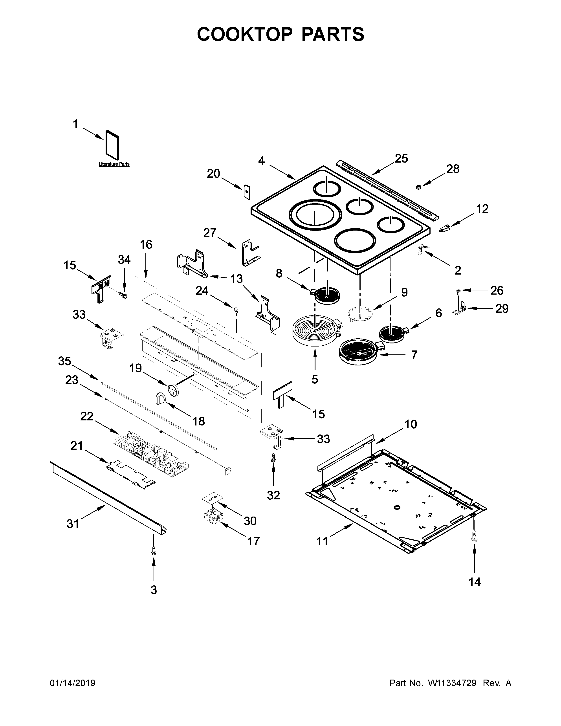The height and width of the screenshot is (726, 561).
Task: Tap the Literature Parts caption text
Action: click(x=114, y=164)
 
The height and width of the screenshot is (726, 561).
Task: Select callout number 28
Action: click(x=453, y=169)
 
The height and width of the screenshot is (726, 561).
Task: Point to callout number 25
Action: click(x=401, y=159)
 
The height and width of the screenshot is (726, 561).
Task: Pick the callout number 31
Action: click(x=73, y=524)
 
